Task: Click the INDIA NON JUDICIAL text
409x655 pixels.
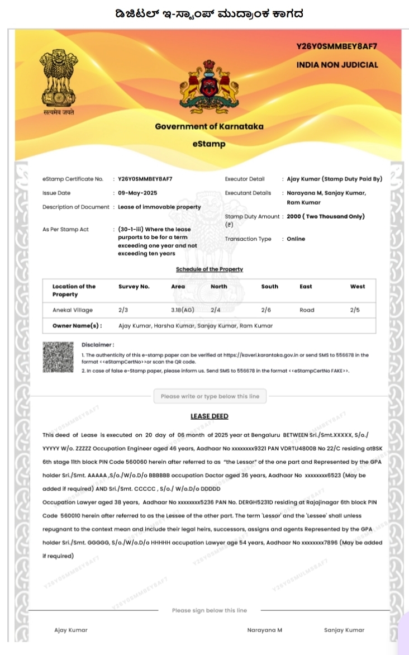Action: [x=337, y=65]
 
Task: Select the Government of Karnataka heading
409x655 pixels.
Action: [x=209, y=126]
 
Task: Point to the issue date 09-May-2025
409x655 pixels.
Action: [x=137, y=193]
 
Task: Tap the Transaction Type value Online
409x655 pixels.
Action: [x=296, y=239]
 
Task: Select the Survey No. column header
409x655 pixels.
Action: [x=134, y=286]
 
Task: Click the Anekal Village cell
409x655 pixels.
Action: [x=73, y=310]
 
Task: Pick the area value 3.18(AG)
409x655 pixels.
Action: [x=183, y=310]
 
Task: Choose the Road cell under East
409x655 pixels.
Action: [x=307, y=310]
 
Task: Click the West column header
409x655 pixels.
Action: [x=358, y=286]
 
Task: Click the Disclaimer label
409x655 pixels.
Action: [x=98, y=345]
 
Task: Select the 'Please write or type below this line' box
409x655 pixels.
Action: [x=210, y=396]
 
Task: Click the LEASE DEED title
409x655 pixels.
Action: [x=210, y=416]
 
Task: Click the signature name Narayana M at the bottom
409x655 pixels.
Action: [x=264, y=630]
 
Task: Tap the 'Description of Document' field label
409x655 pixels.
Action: [x=75, y=207]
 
